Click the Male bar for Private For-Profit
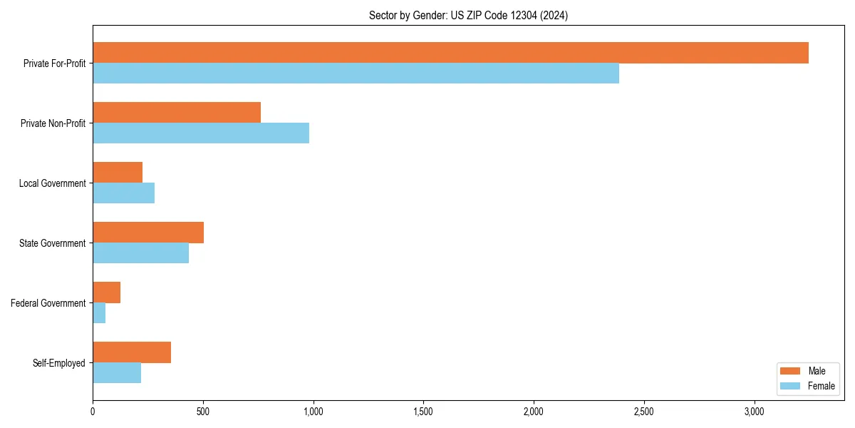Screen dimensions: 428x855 point(450,53)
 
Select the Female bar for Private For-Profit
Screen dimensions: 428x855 point(356,73)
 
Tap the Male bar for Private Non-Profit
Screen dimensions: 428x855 point(177,113)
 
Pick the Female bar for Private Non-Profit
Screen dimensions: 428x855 point(201,133)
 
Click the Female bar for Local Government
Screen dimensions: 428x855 point(123,193)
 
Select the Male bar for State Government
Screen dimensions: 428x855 point(148,233)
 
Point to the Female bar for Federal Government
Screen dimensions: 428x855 point(99,313)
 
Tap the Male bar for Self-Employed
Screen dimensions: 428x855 point(132,352)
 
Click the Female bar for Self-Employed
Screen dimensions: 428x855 point(117,373)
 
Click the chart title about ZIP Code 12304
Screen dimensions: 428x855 point(468,15)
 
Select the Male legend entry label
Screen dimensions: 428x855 point(817,371)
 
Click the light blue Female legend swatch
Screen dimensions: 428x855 point(791,386)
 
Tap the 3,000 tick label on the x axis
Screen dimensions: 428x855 point(754,412)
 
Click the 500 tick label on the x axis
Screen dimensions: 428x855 point(203,412)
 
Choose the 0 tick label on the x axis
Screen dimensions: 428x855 point(93,412)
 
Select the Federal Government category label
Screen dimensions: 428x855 point(48,303)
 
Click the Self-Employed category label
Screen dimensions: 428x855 point(59,363)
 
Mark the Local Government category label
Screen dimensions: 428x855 point(53,183)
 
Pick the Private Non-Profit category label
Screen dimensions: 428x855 point(53,123)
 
